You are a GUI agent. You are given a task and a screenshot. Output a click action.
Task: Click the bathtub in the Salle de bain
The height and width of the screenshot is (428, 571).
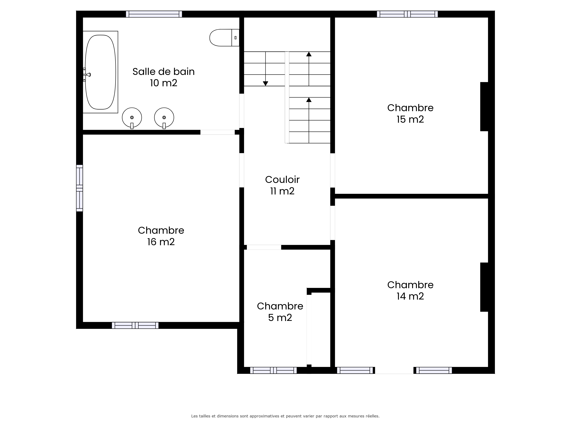(x=100, y=72)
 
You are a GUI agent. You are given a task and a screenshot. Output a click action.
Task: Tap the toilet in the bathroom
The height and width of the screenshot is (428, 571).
(x=224, y=38)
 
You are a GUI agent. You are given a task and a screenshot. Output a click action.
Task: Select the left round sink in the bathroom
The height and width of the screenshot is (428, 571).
(x=132, y=118)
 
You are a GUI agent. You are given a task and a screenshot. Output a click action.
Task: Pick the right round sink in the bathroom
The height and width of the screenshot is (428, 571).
(x=164, y=118)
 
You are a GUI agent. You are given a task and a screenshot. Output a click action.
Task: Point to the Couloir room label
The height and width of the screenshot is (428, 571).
(x=282, y=180)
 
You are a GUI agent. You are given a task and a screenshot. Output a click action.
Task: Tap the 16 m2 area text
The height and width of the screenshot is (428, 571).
(x=161, y=242)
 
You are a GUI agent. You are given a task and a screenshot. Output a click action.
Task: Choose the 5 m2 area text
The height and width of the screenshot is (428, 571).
(x=280, y=318)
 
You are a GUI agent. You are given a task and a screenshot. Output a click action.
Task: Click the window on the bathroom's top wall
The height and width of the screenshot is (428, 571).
(x=154, y=14)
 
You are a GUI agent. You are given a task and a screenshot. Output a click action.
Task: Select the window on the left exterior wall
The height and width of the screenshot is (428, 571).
(x=80, y=188)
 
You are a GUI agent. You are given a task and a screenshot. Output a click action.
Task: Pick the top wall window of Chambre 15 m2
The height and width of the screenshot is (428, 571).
(x=407, y=14)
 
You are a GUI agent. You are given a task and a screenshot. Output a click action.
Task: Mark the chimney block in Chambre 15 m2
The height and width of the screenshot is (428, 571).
(x=484, y=107)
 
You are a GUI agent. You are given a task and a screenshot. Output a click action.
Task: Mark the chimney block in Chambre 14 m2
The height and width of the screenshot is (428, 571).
(x=484, y=287)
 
